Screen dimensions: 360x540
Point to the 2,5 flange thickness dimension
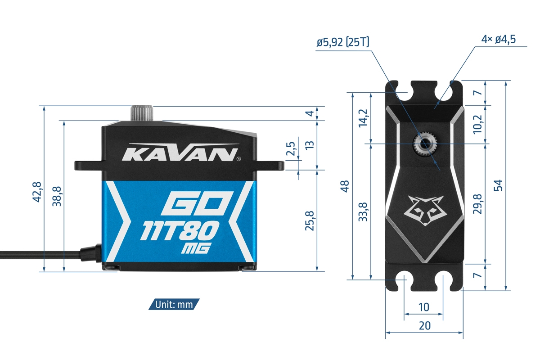291,149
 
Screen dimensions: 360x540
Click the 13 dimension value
310,145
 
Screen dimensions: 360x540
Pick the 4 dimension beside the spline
309,113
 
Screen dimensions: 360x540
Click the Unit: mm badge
174,304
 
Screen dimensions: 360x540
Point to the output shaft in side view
143,113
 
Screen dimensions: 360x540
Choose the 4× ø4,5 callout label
498,39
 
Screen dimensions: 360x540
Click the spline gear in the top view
423,144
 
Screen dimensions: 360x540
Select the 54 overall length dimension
498,185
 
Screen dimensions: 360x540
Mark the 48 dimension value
345,186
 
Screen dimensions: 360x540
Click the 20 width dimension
424,326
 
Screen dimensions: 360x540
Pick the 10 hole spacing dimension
423,307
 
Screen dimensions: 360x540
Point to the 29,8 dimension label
478,204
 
